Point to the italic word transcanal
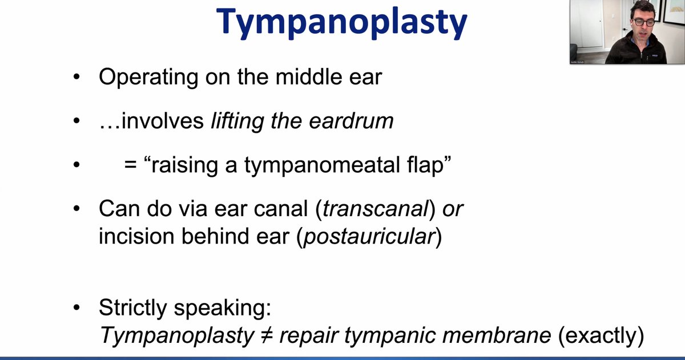tap(375, 209)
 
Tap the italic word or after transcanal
tap(453, 209)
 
